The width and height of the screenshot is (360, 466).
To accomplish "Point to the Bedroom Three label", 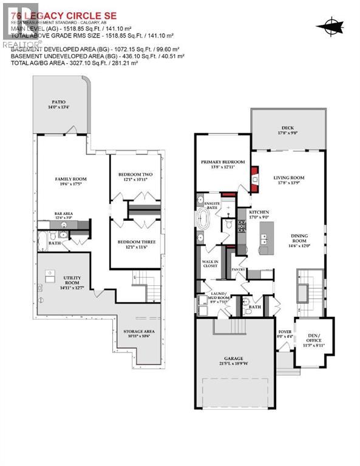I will click(x=136, y=245).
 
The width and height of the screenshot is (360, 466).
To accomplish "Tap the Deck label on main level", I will click(x=287, y=130).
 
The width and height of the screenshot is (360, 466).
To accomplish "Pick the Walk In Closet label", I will click(x=210, y=265).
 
